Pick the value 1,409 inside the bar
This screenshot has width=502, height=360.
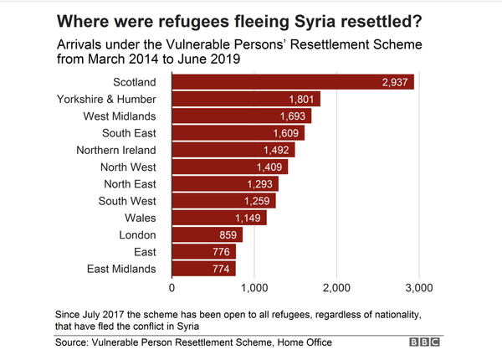(x=270, y=167)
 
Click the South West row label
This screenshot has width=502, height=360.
(x=129, y=201)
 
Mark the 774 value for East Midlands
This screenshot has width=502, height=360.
(x=219, y=269)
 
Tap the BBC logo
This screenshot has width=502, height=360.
(x=426, y=342)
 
